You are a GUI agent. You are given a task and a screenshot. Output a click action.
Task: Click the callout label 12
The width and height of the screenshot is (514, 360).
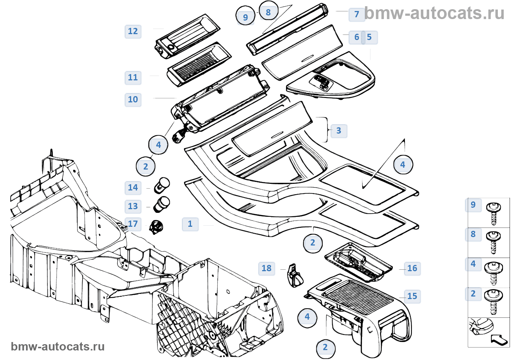133,31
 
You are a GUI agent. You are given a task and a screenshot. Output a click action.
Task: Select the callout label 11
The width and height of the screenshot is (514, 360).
133,77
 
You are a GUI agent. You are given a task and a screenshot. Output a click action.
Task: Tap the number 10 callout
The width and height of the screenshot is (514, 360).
133,99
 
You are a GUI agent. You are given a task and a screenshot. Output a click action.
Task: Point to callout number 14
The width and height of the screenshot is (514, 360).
133,188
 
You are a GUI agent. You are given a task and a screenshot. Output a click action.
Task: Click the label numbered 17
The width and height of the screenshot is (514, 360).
133,223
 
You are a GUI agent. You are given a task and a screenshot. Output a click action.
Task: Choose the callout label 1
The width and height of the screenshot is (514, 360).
190,224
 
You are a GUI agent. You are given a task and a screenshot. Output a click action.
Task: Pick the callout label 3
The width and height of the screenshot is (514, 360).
339,131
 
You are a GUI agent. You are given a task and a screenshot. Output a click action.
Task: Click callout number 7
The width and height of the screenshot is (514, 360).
356,14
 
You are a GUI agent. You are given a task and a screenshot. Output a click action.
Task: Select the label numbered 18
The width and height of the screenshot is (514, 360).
267,268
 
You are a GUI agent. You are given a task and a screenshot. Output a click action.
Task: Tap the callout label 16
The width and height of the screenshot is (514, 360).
412,268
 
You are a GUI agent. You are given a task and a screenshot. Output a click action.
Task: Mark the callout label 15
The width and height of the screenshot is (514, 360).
412,296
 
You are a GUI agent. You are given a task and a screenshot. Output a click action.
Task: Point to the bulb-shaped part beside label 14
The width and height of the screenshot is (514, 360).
162,185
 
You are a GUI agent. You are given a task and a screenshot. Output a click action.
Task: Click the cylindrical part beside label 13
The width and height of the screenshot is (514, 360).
162,204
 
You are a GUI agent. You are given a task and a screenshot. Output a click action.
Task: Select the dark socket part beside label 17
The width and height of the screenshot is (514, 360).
156,226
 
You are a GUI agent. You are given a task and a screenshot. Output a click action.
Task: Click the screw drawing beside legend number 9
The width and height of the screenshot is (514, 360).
493,212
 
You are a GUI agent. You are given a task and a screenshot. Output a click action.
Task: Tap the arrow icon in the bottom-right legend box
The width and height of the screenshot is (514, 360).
499,339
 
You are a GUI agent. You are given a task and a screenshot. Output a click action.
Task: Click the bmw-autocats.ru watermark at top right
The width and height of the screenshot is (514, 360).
434,14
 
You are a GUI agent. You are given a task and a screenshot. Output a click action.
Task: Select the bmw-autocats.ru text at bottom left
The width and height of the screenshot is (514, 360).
58,346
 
